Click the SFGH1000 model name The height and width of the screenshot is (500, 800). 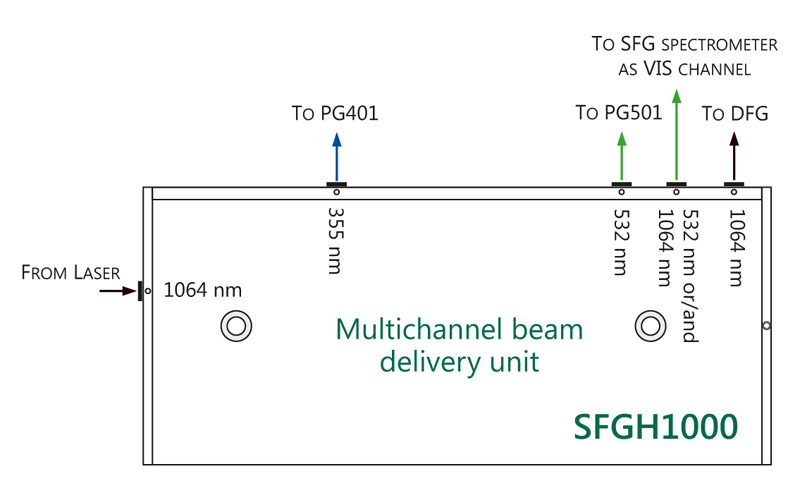coord(656,426)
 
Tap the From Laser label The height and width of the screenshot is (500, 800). coord(70,273)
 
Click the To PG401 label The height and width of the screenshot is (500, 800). coord(335,113)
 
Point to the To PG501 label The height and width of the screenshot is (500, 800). coord(619,113)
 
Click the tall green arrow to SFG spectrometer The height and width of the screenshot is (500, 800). coord(677,135)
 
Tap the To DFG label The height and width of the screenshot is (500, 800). coord(735,114)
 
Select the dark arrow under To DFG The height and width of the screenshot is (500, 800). coord(734,157)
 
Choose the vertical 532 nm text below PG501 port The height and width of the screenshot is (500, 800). coord(621,239)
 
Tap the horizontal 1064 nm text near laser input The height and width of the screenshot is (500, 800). coord(203,291)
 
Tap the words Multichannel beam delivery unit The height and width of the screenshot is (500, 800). coord(459,344)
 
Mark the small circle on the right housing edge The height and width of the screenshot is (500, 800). coord(766,325)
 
